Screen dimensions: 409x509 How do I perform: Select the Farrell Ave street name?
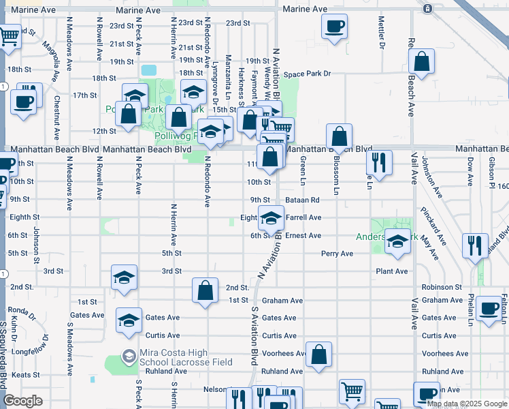(303, 218)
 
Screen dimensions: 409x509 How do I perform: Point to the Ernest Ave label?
(303, 236)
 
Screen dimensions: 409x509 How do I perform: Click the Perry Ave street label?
(338, 254)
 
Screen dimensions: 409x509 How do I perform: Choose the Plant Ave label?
(392, 271)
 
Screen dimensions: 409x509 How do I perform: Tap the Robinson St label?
(442, 288)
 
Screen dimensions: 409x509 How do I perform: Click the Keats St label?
(24, 375)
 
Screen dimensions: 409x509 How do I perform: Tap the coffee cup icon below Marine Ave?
(333, 27)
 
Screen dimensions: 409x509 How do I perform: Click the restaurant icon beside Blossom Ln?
(378, 162)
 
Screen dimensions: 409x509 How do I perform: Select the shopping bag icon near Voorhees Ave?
(318, 354)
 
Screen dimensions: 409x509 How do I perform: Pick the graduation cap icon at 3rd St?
(124, 277)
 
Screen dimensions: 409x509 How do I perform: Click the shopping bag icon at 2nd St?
(205, 290)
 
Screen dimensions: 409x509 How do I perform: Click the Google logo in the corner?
(22, 402)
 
